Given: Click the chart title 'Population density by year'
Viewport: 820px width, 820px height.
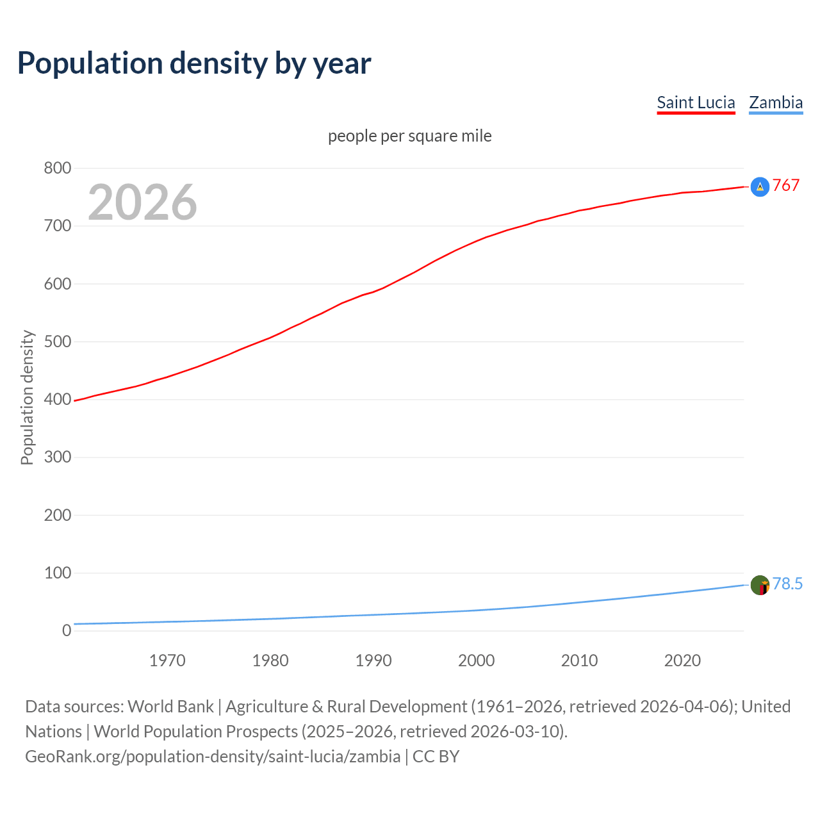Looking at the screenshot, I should click(x=194, y=63).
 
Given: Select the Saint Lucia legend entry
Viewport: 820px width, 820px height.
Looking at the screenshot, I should click(x=696, y=102).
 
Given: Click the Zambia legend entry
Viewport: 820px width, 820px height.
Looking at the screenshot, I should click(x=776, y=102).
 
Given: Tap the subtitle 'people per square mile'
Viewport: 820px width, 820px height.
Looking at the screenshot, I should click(x=409, y=136).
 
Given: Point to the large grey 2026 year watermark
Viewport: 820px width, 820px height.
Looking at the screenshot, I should click(x=142, y=202).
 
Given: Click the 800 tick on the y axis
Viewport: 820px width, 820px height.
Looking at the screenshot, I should click(x=57, y=168).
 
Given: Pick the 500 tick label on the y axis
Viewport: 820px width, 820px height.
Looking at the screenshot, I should click(x=57, y=341).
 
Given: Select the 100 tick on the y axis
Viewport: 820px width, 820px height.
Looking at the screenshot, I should click(x=57, y=573).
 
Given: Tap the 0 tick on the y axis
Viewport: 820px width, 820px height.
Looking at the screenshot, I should click(x=67, y=630).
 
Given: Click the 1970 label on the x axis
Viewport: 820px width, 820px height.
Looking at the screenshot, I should click(x=167, y=660).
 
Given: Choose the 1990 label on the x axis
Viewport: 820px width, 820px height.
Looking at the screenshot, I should click(x=373, y=660).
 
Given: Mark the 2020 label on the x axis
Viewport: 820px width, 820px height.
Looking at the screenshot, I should click(x=682, y=660).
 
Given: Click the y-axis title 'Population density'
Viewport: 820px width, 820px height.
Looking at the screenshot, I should click(x=27, y=397).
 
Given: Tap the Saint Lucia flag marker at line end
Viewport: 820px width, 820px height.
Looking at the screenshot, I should click(x=760, y=186).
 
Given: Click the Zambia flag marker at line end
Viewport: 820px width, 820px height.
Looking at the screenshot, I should click(x=760, y=585).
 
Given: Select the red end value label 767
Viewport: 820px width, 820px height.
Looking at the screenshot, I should click(x=786, y=185).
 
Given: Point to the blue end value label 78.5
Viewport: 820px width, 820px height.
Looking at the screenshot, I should click(x=787, y=584).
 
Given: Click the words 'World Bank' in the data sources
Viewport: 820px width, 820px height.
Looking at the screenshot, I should click(x=170, y=706).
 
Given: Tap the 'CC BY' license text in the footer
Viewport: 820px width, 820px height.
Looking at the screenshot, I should click(x=436, y=756).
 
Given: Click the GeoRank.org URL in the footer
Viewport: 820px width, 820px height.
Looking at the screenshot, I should click(x=213, y=756).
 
